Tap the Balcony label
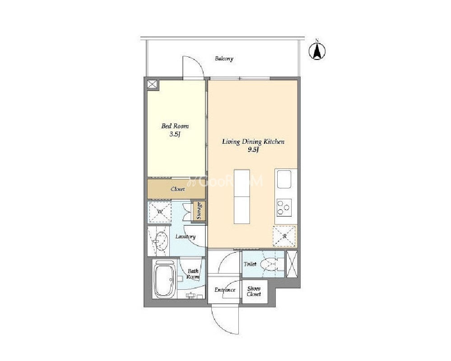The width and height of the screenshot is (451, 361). [224, 59]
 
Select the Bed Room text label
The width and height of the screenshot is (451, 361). [175, 126]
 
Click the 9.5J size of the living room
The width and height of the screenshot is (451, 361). [253, 150]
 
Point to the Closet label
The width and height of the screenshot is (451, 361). [177, 189]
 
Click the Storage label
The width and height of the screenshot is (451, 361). [199, 211]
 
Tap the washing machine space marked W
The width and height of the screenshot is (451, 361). [160, 212]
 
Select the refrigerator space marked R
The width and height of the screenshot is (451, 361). [284, 236]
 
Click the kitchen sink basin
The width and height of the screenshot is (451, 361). [284, 179]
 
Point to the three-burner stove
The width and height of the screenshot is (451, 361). [284, 207]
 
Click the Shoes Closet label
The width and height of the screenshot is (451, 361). [254, 292]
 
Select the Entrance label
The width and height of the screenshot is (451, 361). [225, 290]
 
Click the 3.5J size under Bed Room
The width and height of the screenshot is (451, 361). [175, 134]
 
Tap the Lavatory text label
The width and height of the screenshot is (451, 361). [186, 237]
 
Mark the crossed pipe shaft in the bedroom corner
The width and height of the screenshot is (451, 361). [152, 85]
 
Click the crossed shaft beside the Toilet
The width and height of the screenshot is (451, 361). [292, 264]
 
